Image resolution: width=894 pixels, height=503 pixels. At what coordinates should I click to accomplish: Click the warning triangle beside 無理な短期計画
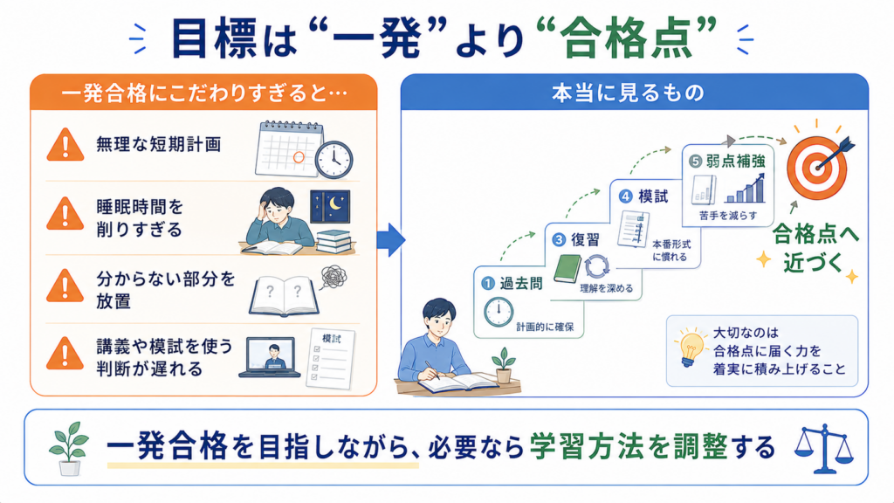pyautogui.click(x=65, y=145)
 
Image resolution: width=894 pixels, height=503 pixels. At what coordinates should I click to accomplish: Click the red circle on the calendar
pyautogui.click(x=299, y=157)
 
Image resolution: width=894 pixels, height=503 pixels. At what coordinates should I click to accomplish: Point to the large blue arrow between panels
pyautogui.click(x=391, y=240)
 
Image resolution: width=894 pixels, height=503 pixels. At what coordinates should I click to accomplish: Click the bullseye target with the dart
pyautogui.click(x=819, y=166)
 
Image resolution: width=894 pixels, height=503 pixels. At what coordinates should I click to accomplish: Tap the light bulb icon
pyautogui.click(x=690, y=348)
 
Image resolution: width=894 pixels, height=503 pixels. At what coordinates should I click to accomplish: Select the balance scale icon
pyautogui.click(x=824, y=449)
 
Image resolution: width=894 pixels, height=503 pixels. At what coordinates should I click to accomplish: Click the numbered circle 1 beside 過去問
pyautogui.click(x=487, y=283)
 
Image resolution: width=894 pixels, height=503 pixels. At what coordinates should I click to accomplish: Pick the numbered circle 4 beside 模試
pyautogui.click(x=625, y=196)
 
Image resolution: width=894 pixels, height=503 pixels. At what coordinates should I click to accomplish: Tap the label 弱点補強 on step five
pyautogui.click(x=735, y=162)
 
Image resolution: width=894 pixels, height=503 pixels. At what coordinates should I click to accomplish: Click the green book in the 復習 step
pyautogui.click(x=567, y=268)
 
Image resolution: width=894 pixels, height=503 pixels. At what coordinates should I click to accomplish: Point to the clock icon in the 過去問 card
pyautogui.click(x=499, y=313)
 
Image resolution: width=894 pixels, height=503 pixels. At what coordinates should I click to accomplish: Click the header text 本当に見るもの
pyautogui.click(x=628, y=93)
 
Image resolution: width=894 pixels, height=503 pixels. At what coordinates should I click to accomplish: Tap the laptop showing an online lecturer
pyautogui.click(x=270, y=357)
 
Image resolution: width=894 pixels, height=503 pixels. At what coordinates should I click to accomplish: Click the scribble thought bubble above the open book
pyautogui.click(x=334, y=278)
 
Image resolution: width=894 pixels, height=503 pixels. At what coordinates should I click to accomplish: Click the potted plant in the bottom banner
pyautogui.click(x=70, y=449)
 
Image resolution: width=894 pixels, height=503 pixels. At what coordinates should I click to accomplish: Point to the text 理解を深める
pyautogui.click(x=607, y=288)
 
